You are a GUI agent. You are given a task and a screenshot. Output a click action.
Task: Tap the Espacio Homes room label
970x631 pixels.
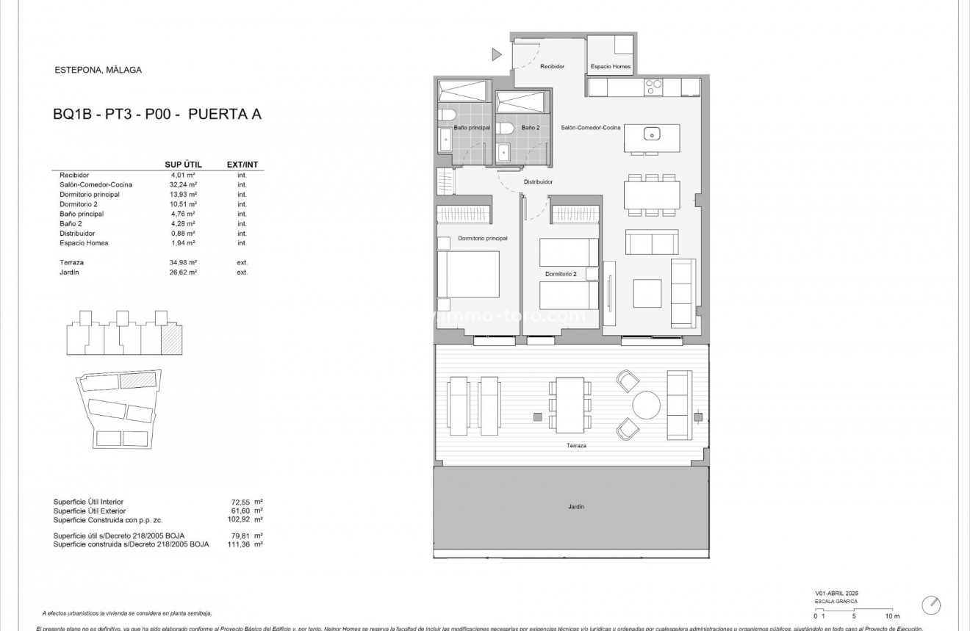tap(611, 67)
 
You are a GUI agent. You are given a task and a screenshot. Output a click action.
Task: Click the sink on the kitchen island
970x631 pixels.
tap(652, 134)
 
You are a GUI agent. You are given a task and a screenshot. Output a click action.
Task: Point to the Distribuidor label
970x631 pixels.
tap(538, 181)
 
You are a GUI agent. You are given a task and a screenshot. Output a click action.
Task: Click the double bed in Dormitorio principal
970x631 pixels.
tap(469, 274)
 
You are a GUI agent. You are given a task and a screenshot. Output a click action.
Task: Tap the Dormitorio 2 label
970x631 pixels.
tap(561, 275)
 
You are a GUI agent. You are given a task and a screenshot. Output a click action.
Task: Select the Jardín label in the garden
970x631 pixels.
tap(575, 507)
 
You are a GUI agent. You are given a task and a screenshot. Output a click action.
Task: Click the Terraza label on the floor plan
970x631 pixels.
tap(576, 446)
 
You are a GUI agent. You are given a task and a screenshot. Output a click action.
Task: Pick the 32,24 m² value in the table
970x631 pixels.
tap(183, 185)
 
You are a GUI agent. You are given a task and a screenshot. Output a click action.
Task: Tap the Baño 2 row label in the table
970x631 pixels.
tap(71, 223)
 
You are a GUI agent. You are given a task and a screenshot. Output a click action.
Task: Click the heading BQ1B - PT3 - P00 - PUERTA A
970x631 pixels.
tap(157, 114)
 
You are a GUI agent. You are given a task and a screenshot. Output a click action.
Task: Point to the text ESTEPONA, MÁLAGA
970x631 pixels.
tap(98, 71)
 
